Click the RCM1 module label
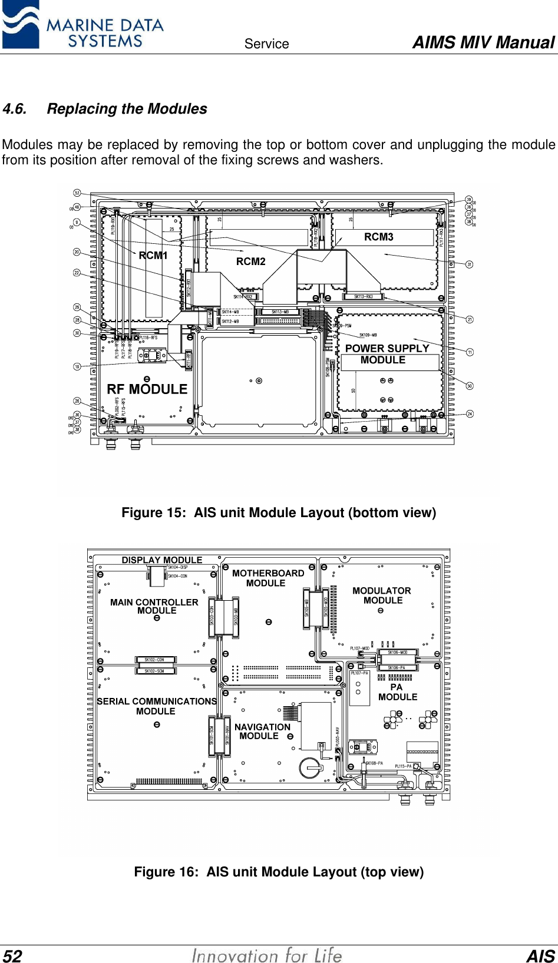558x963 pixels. pos(153,255)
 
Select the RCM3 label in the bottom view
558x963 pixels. pos(378,237)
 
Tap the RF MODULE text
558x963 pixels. pos(147,389)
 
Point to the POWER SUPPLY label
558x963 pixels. pos(387,348)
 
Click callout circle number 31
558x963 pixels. pos(470,264)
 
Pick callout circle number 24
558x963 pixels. pos(470,413)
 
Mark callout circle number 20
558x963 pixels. pos(77,252)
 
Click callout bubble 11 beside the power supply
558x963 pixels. pos(470,352)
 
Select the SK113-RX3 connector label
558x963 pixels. pos(363,297)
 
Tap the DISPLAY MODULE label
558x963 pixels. pos(162,560)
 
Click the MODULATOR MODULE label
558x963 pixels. pos(382,595)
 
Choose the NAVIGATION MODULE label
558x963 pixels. pos(262,732)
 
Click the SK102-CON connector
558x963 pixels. pos(154,660)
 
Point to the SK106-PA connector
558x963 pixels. pos(397,667)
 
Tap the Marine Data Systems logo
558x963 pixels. pos(82,25)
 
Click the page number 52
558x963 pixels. pos(12,956)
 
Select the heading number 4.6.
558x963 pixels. pos(15,109)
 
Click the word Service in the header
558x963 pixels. pos(266,44)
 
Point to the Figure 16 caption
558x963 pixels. pos(279,872)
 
